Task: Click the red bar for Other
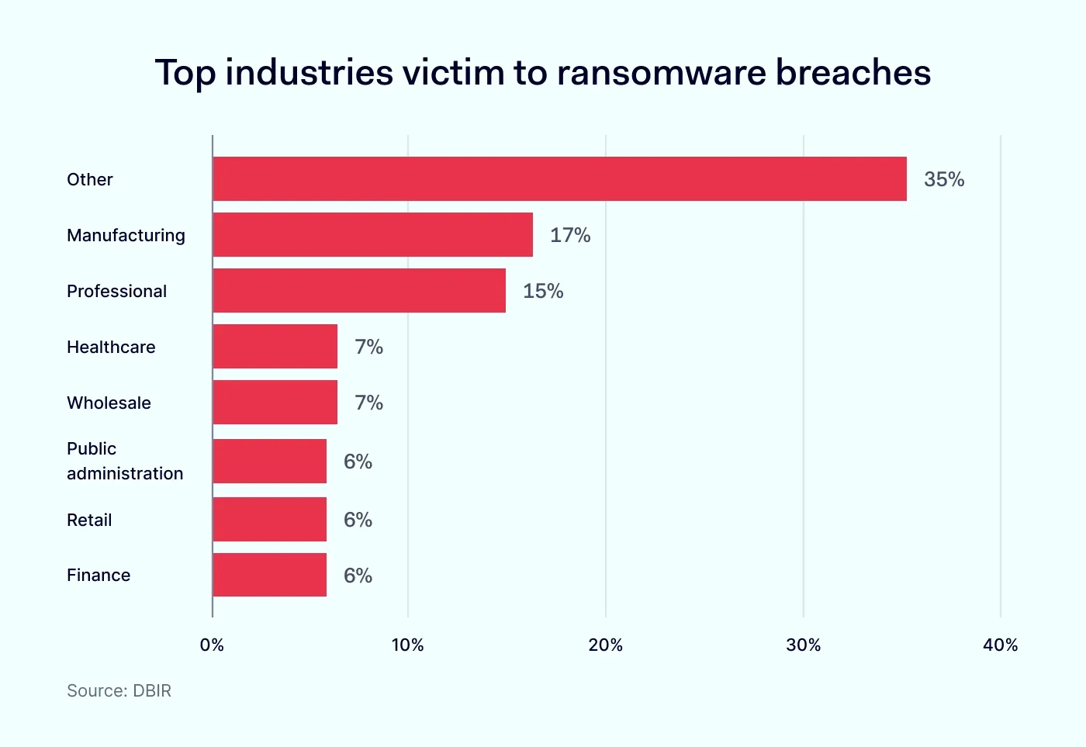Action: click(x=559, y=179)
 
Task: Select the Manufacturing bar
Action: click(x=372, y=235)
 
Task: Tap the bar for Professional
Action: click(x=359, y=291)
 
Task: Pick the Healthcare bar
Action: click(x=275, y=347)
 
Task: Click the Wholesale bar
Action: click(x=275, y=403)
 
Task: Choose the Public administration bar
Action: click(x=269, y=461)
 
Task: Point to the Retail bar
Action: click(x=269, y=519)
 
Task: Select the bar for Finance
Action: click(x=269, y=575)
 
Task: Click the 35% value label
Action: click(x=944, y=179)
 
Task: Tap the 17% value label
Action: click(x=570, y=235)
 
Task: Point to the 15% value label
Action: click(x=543, y=291)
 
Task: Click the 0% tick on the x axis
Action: click(x=212, y=645)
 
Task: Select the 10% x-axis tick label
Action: click(x=407, y=645)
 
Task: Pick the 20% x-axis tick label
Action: click(x=605, y=645)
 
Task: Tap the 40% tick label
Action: click(x=1000, y=645)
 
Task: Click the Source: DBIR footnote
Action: click(x=119, y=690)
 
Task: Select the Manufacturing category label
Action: click(x=126, y=235)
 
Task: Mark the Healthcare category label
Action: click(x=111, y=347)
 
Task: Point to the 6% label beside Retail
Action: click(x=358, y=520)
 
